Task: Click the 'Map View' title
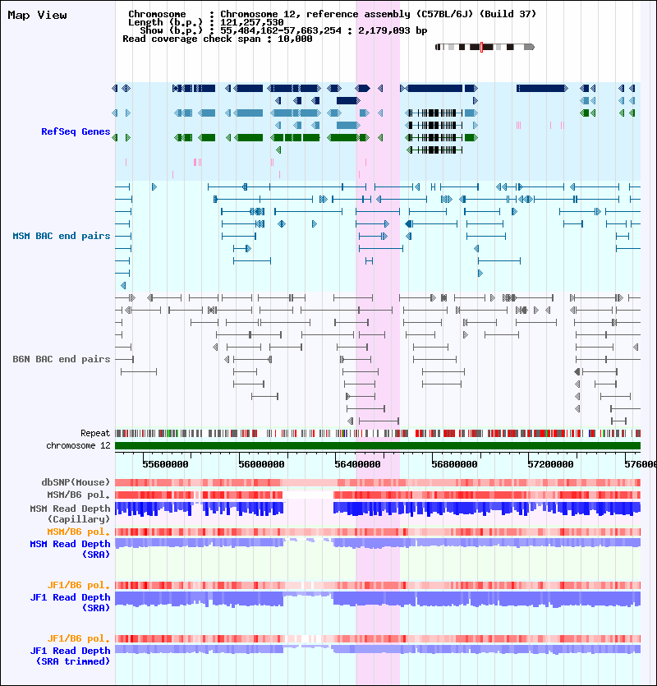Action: pyautogui.click(x=37, y=16)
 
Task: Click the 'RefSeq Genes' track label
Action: pyautogui.click(x=76, y=131)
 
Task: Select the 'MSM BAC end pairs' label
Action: pyautogui.click(x=62, y=237)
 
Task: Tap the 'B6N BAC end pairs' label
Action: pyautogui.click(x=62, y=359)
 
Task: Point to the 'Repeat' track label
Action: pyautogui.click(x=95, y=433)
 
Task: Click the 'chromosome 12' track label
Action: pyautogui.click(x=78, y=445)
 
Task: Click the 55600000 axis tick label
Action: pyautogui.click(x=165, y=464)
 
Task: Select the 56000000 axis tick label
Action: pyautogui.click(x=261, y=464)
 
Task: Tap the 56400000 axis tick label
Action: pyautogui.click(x=357, y=464)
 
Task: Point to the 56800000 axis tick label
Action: pyautogui.click(x=454, y=464)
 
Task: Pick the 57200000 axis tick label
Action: pyautogui.click(x=550, y=464)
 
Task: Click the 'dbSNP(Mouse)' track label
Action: pyautogui.click(x=76, y=482)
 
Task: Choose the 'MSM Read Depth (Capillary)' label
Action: pyautogui.click(x=70, y=514)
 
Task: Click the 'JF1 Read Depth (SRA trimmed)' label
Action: pyautogui.click(x=70, y=656)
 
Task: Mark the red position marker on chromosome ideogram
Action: pyautogui.click(x=481, y=48)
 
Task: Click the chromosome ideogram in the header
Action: pyautogui.click(x=485, y=48)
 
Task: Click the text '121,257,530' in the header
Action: pyautogui.click(x=251, y=22)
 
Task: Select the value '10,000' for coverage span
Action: pyautogui.click(x=295, y=39)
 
